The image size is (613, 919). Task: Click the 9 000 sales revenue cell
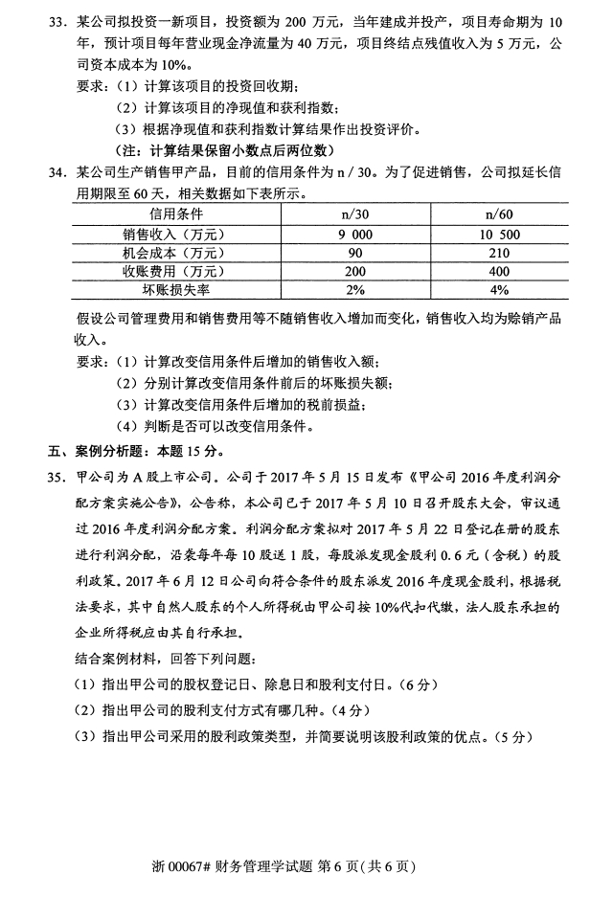(355, 233)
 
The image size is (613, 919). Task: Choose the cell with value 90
(355, 252)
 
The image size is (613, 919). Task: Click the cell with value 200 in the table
(355, 271)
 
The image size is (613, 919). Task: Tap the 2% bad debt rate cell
(355, 290)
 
